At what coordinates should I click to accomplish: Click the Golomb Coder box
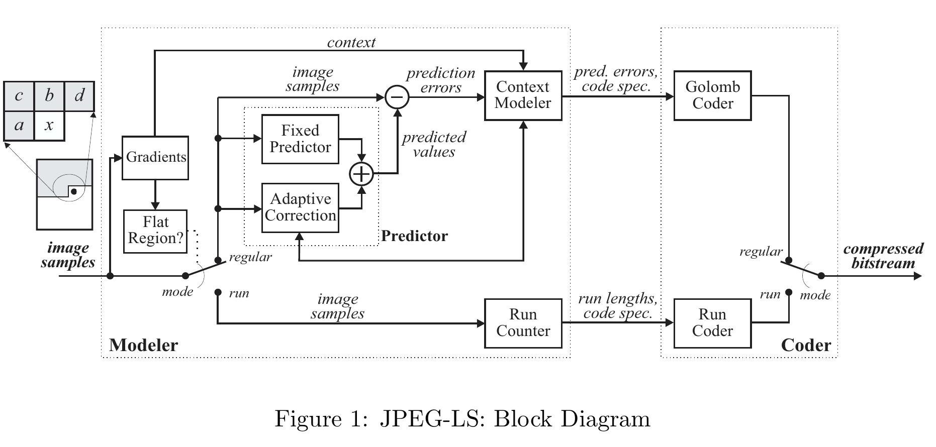tap(712, 95)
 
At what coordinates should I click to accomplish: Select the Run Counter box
tap(523, 323)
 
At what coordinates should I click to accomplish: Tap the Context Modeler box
tap(523, 95)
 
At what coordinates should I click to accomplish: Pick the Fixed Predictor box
tap(300, 139)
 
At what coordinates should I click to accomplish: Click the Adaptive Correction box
tap(300, 207)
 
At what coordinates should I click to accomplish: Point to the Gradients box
tap(155, 158)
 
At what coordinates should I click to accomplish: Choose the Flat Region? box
tap(155, 231)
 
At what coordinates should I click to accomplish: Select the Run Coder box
tap(712, 323)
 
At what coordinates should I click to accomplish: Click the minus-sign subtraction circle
tap(397, 97)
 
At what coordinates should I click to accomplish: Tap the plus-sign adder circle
tap(361, 174)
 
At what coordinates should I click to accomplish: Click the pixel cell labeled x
tap(49, 126)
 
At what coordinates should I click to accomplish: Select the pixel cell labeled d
tap(79, 96)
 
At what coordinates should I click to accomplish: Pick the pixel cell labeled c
tap(19, 96)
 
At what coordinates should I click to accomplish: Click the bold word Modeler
tap(143, 346)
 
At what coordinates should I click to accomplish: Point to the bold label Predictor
tap(414, 236)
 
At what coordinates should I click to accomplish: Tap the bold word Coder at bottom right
tap(806, 346)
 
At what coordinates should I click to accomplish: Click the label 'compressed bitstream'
tap(883, 256)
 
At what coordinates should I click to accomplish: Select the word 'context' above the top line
tap(351, 43)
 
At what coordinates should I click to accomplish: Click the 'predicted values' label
tap(434, 145)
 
